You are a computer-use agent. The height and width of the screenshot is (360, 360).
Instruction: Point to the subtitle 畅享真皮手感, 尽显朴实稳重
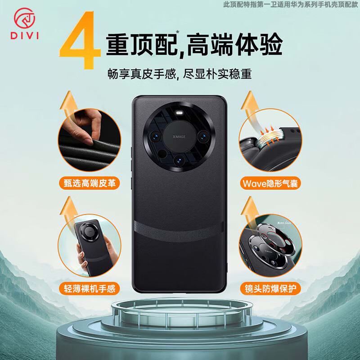pyautogui.click(x=180, y=73)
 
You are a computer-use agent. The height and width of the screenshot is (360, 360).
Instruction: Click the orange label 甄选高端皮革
pyautogui.click(x=89, y=183)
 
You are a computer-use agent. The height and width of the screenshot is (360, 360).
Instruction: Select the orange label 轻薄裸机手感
pyautogui.click(x=89, y=287)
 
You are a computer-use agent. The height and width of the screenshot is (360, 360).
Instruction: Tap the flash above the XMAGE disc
pyautogui.click(x=180, y=113)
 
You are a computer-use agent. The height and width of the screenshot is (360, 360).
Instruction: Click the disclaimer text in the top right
pyautogui.click(x=291, y=5)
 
